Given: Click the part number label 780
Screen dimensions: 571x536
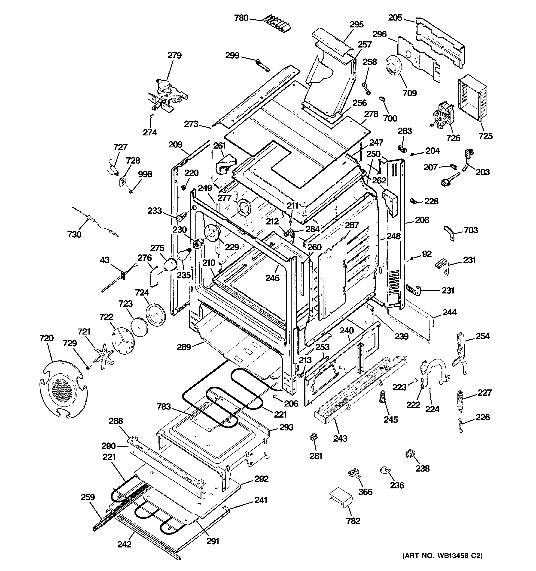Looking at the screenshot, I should [241, 18].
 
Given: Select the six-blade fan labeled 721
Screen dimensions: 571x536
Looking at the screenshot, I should [103, 357].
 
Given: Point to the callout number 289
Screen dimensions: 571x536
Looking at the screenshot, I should [184, 347].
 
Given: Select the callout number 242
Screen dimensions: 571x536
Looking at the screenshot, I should [124, 544].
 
